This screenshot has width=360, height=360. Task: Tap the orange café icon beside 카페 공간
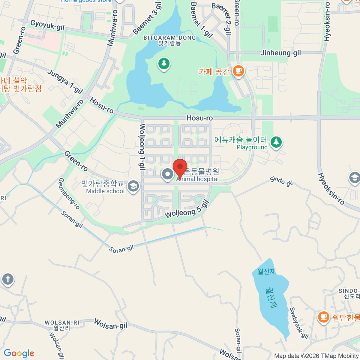point(238,71)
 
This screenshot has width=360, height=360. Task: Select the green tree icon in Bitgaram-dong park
point(164,64)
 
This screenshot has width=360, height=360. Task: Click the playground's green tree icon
point(276,142)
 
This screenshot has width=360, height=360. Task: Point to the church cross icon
point(8,279)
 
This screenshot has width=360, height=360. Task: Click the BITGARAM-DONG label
point(169,38)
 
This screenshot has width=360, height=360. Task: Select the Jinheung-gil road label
point(280,53)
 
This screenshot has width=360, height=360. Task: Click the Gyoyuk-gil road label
point(47,25)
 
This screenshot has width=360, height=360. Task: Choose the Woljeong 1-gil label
point(142,147)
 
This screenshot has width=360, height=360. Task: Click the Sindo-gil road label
point(281,181)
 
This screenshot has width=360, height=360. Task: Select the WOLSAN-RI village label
point(62,325)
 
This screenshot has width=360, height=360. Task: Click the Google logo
point(19,353)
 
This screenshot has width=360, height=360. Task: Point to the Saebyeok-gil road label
point(299,323)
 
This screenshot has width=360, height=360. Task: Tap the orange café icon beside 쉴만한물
point(323,317)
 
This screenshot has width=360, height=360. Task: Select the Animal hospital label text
point(197,179)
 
